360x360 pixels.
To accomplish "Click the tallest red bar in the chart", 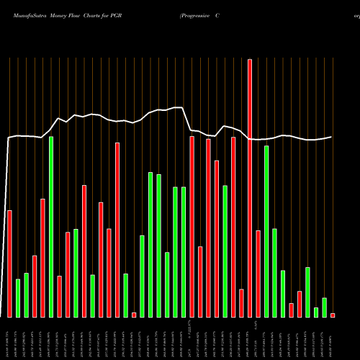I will (250, 187).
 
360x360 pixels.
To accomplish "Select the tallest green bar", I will (51, 227).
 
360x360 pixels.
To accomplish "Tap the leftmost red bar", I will (9, 264).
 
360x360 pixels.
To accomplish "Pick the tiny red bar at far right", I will (333, 315).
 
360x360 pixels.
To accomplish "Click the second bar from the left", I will (18, 298).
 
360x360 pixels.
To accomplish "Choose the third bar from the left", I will (26, 295).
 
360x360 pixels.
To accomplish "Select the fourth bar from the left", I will (35, 287).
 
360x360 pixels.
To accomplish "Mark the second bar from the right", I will (324, 307).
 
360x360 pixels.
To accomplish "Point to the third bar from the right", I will (316, 312).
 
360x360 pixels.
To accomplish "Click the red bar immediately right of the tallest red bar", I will (258, 274).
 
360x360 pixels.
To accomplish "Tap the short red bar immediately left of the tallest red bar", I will (241, 303).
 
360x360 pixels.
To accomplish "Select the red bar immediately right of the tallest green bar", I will (60, 297).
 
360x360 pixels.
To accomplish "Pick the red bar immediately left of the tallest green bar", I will (43, 258).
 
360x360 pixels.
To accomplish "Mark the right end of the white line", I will (332, 137).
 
